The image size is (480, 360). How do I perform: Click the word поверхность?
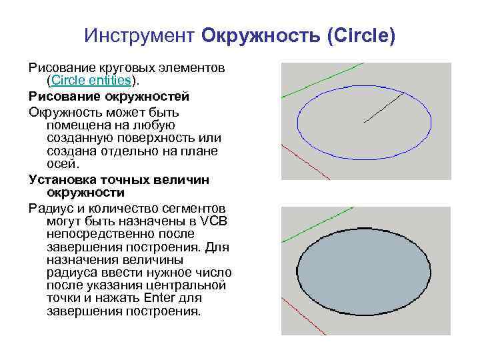(x=147, y=137)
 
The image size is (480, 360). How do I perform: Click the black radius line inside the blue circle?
(x=384, y=108)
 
